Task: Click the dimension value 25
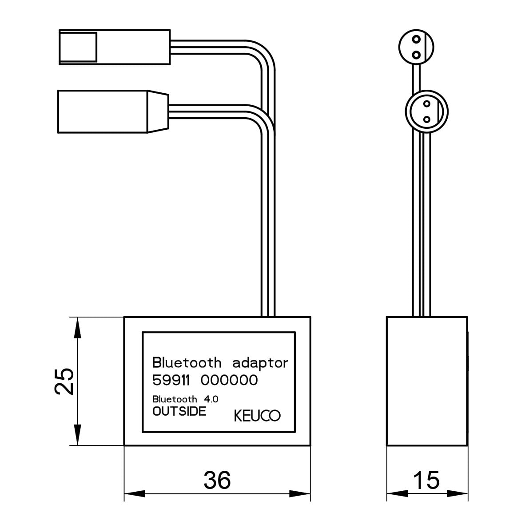point(64,382)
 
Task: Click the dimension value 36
point(217,480)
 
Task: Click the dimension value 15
point(426,480)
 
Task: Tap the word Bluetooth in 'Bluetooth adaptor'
point(187,362)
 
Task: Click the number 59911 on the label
point(171,380)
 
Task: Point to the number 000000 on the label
point(229,380)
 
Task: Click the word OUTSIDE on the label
point(179,411)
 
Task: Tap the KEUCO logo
point(257,416)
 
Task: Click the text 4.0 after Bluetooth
point(211,399)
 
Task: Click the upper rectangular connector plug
point(115,47)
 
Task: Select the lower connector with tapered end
point(113,111)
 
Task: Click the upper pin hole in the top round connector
point(416,40)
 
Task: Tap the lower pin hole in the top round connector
point(416,55)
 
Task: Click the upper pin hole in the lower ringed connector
point(426,104)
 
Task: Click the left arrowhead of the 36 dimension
point(135,493)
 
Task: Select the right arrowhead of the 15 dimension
point(457,493)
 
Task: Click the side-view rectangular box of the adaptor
point(427,381)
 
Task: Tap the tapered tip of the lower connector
point(158,111)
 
